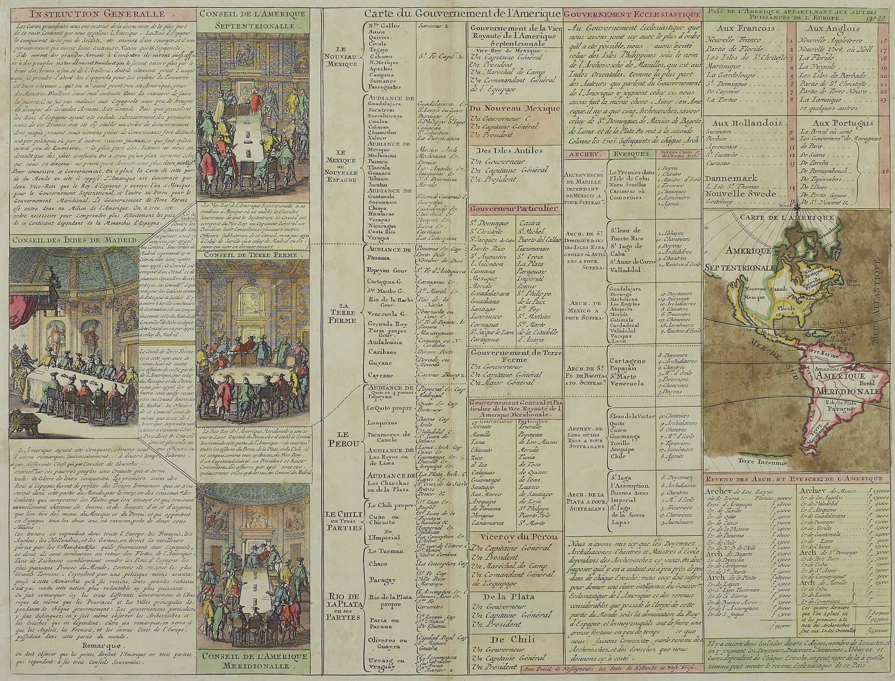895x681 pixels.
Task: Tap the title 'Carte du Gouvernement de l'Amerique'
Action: click(x=463, y=14)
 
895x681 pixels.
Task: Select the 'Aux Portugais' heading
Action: click(x=833, y=124)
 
